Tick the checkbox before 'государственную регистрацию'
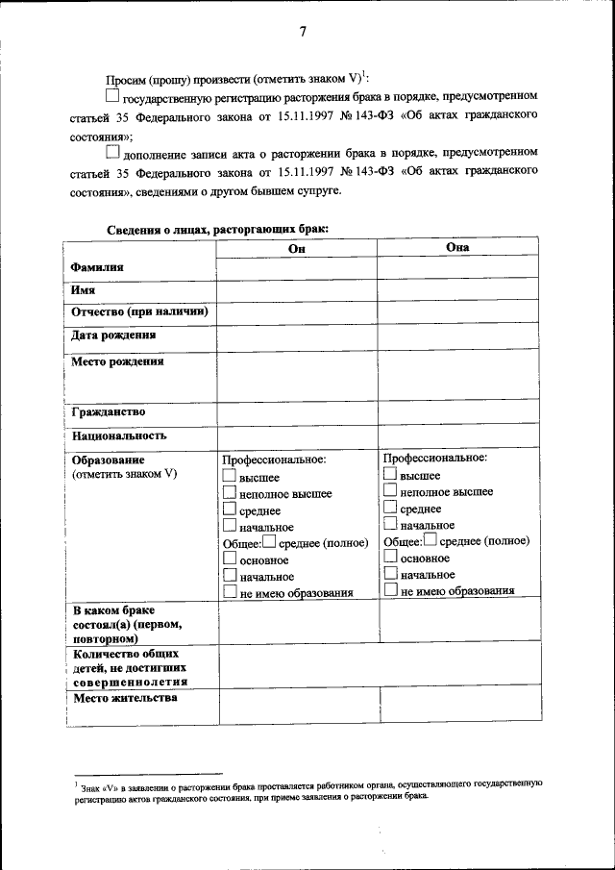click(112, 96)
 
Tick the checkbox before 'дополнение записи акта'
click(112, 151)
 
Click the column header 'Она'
click(457, 247)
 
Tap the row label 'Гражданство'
click(108, 412)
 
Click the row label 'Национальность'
click(119, 435)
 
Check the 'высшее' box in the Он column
click(229, 476)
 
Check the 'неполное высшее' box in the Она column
click(390, 491)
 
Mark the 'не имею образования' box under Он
click(229, 592)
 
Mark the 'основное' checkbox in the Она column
click(390, 558)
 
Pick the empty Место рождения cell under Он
click(297, 376)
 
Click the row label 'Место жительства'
click(125, 698)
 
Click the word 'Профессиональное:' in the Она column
click(434, 458)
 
